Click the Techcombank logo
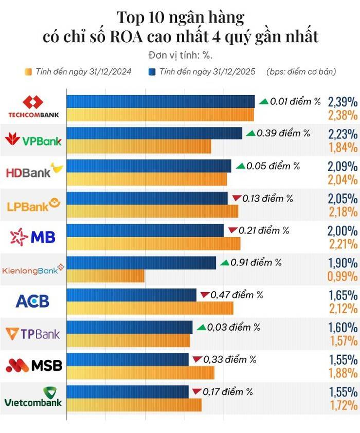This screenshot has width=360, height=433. coord(33,107)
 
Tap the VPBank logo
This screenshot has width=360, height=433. coord(33,139)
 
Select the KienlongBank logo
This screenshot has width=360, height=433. coord(33,269)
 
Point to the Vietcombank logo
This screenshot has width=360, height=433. coord(33,396)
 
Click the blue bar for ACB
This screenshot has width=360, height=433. coord(132,295)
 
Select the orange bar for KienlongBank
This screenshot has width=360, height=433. coord(105,276)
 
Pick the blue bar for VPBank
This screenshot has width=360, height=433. coord(154,134)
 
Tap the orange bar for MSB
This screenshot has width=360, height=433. coord(140,372)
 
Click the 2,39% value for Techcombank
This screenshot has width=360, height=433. coord(342,101)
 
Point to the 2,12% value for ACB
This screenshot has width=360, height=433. coord(342,309)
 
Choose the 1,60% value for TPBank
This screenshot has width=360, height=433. coord(342,328)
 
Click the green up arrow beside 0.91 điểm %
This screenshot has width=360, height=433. coord(224,263)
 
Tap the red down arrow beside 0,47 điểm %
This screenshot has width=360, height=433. coord(205,295)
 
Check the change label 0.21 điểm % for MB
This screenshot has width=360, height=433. coord(263,230)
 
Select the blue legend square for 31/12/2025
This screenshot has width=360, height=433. coord(152,71)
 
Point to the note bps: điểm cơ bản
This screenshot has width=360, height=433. coord(301,71)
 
